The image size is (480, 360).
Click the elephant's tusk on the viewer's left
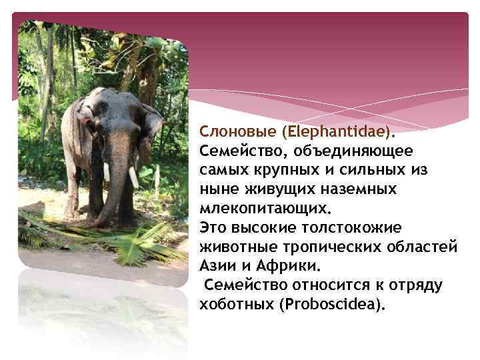[106, 171]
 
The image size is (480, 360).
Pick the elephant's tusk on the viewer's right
[133, 177]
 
